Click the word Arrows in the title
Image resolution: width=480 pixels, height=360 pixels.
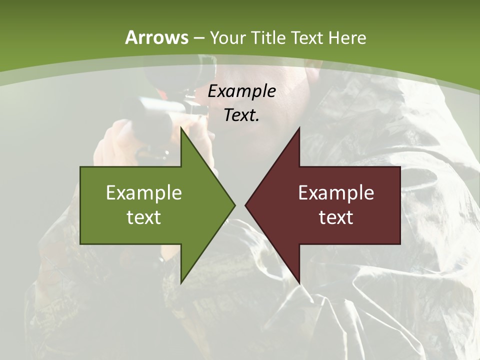[x=157, y=37]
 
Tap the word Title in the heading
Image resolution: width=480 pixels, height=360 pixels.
[x=269, y=37]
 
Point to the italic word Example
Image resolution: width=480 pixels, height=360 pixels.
[x=242, y=91]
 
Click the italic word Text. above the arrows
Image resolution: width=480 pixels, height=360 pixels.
[x=241, y=115]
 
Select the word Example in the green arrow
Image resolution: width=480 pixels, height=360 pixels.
[x=143, y=192]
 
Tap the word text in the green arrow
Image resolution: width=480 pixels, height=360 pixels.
[x=143, y=217]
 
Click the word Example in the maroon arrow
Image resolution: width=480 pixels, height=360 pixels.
[x=336, y=192]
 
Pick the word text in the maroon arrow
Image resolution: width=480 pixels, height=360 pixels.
[x=336, y=217]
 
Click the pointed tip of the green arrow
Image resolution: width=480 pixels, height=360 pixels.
[x=233, y=205]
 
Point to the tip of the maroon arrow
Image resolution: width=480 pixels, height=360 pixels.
[x=246, y=205]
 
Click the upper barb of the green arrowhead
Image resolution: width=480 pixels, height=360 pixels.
[x=182, y=131]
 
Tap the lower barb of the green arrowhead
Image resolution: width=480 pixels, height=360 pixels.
[x=182, y=280]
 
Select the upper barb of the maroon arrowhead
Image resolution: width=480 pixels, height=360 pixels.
[x=298, y=131]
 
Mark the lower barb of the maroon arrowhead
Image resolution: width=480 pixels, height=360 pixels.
[x=298, y=280]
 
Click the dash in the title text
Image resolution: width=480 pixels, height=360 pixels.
[x=198, y=38]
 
